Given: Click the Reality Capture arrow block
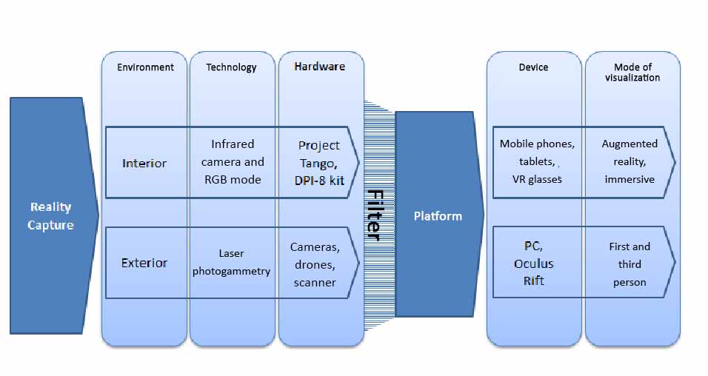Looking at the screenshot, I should point(52,215).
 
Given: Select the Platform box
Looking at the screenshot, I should point(437,215).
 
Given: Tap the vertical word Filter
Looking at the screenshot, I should point(375,215).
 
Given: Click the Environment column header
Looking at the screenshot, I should point(145,67).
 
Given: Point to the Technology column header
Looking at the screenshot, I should point(231,67).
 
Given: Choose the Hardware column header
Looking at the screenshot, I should point(319,67).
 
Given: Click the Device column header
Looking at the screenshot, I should point(533,67).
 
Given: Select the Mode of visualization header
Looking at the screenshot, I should point(632,72).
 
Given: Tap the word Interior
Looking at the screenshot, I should point(144,163).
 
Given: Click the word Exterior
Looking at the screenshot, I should point(144,263).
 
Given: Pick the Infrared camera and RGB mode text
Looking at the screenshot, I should point(233,162).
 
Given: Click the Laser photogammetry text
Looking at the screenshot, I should point(231,263).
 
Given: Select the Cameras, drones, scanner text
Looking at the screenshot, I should point(315,264).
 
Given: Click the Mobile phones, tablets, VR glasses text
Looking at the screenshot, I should point(537,161).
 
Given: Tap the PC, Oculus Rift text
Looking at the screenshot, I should point(533,263).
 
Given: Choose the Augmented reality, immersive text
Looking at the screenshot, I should point(629,161).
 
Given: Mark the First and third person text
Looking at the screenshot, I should point(629,264).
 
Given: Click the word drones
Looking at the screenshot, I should point(315,264).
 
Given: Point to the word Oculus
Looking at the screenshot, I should point(533,263).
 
